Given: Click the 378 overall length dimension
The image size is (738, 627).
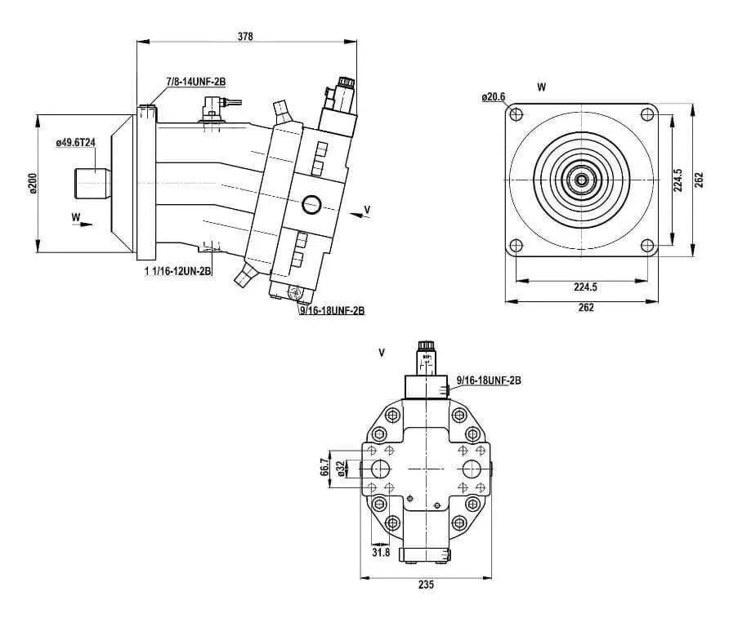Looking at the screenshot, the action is (x=245, y=36).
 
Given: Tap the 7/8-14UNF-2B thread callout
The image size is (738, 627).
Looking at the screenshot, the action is (x=196, y=82).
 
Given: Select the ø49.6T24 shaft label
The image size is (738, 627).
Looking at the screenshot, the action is (x=76, y=142).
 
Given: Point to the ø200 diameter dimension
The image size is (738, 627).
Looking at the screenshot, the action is (x=33, y=184).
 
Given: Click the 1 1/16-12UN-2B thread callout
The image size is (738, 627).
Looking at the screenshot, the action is (x=178, y=271).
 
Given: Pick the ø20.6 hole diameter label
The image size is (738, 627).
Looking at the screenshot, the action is (x=494, y=97).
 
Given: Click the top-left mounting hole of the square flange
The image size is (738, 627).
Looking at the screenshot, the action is (x=517, y=114).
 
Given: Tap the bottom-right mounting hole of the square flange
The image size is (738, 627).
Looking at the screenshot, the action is (x=647, y=246).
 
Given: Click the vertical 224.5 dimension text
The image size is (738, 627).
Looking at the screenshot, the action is (x=678, y=180).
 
